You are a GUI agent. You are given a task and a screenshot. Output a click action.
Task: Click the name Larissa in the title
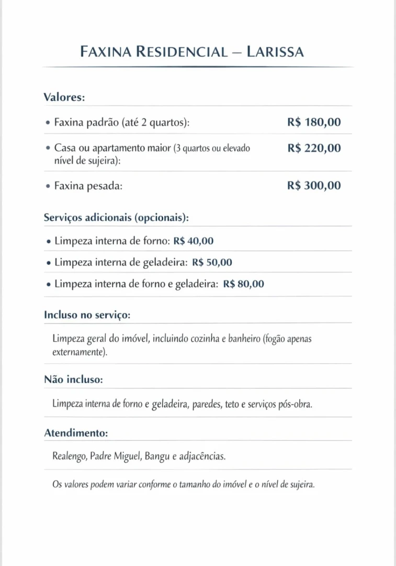275,52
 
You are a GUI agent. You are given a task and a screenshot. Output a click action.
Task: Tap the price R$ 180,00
314,123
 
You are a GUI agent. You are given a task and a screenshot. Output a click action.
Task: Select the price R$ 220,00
314,148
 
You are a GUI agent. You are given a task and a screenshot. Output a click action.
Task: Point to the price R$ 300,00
314,186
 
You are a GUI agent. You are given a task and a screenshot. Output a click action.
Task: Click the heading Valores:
64,97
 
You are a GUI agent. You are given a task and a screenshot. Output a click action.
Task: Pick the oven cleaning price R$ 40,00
193,241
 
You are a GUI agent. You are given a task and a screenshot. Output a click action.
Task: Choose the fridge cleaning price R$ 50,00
212,263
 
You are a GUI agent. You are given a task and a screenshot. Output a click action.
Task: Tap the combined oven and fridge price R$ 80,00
243,284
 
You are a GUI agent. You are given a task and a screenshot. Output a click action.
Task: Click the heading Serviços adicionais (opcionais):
116,217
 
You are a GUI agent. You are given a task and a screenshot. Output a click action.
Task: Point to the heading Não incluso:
73,379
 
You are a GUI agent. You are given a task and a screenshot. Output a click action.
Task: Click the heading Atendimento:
76,433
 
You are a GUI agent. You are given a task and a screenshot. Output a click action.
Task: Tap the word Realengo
69,456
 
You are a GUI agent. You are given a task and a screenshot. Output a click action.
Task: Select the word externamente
79,352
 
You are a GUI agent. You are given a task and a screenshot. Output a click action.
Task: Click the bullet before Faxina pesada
48,186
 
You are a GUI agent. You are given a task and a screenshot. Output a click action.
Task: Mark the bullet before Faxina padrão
48,123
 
